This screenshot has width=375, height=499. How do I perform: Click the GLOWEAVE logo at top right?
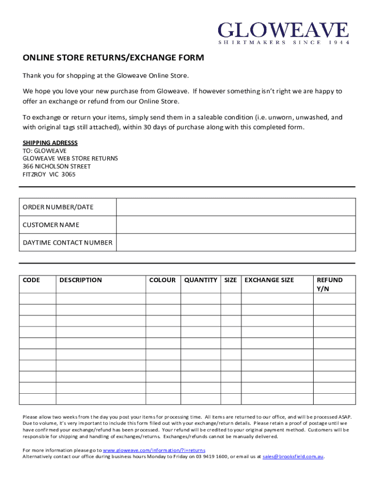click(x=283, y=30)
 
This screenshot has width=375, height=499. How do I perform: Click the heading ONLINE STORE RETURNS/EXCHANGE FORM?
click(x=113, y=58)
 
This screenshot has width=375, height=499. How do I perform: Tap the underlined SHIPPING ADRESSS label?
click(x=50, y=143)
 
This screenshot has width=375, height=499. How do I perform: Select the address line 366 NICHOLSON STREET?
click(x=56, y=166)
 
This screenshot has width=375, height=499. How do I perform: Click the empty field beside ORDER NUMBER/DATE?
click(x=236, y=207)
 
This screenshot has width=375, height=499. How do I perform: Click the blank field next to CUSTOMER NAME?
click(x=236, y=225)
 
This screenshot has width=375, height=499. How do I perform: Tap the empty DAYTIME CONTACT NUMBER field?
click(x=236, y=242)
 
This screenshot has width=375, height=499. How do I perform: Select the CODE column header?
click(x=31, y=280)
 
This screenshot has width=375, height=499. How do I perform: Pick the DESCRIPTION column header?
click(x=80, y=280)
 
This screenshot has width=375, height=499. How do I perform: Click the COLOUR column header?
click(x=162, y=280)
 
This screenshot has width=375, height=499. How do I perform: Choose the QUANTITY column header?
click(x=201, y=280)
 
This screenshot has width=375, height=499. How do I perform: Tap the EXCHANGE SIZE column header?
click(x=269, y=280)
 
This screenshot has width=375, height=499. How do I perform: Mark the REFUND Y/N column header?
click(x=330, y=284)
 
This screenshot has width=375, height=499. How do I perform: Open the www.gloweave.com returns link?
click(x=154, y=450)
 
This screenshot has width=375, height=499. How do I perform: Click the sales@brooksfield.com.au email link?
click(x=293, y=457)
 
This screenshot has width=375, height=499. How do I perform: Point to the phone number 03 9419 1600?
click(x=211, y=457)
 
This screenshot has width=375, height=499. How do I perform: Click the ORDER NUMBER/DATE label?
click(x=58, y=207)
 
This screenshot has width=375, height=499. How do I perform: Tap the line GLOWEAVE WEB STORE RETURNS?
click(x=70, y=158)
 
